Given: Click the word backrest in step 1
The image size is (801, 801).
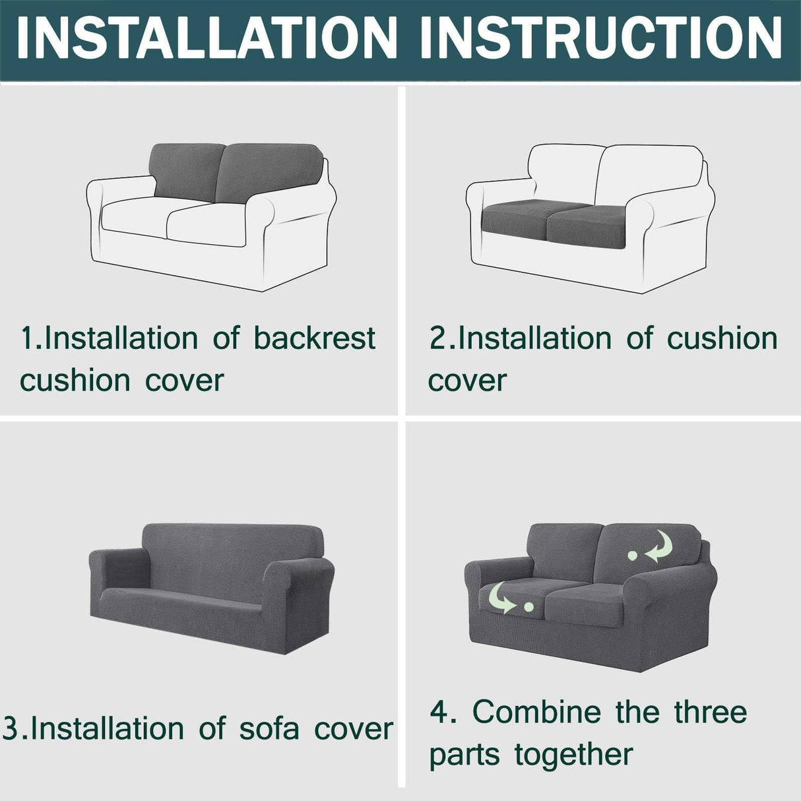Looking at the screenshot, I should point(315,338).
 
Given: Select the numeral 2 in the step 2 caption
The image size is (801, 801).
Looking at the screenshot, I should point(438,338).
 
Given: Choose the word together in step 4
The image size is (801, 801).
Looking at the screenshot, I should point(573,754).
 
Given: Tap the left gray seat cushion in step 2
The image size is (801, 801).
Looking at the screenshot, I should point(515,222).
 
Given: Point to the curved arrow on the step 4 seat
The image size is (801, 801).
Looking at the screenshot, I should point(501,597).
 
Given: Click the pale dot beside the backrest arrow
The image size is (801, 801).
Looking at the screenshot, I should point(633,556).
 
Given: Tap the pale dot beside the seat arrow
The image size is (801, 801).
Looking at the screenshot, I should point(528,606).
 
